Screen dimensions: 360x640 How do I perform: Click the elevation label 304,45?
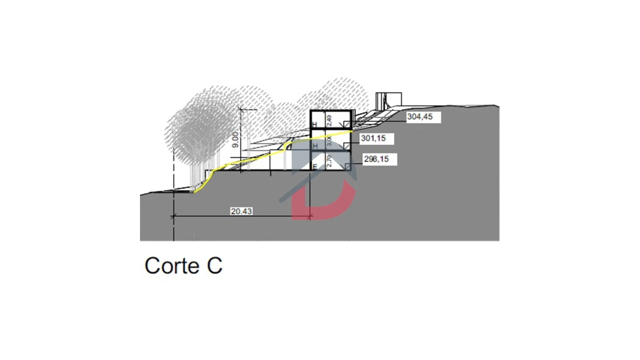click(416, 117)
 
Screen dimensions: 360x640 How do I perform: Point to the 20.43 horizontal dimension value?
click(241, 211)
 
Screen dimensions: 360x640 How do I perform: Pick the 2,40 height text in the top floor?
click(329, 120)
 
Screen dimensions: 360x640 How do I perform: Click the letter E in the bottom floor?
click(315, 166)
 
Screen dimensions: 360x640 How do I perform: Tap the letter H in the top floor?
click(314, 124)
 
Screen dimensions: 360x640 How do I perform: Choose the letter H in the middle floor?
click(314, 145)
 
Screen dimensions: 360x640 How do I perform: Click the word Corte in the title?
click(171, 265)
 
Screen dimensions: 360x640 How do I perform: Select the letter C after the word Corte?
click(213, 265)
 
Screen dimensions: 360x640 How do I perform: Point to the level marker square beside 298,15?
click(347, 166)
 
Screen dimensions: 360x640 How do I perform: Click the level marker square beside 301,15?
click(347, 145)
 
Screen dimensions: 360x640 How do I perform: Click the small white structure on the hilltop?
click(388, 100)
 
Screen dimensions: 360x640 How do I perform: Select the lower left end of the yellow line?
click(195, 191)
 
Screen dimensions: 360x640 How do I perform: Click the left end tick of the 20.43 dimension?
click(173, 216)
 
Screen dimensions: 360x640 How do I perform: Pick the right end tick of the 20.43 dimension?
click(310, 216)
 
